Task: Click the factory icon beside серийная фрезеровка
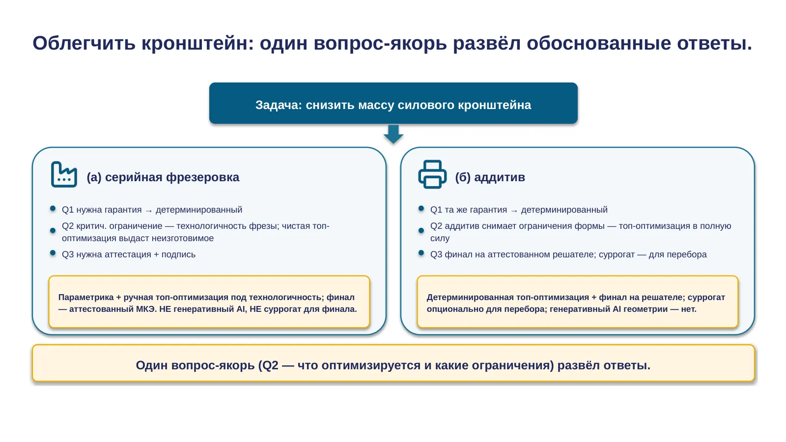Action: [x=64, y=174]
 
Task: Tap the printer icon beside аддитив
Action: [x=432, y=174]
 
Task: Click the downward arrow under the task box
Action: [x=393, y=134]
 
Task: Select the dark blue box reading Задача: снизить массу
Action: [x=393, y=103]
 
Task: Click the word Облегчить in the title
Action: [x=84, y=43]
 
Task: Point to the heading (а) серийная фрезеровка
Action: [x=163, y=177]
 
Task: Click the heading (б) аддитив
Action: [x=490, y=177]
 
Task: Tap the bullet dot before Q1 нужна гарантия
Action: [x=53, y=209]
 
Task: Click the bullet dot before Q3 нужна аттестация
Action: [x=53, y=253]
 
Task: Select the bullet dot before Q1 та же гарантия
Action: [x=421, y=209]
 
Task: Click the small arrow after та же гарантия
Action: [x=514, y=211]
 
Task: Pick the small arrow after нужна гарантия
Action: [x=149, y=211]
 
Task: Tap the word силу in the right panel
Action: [x=440, y=239]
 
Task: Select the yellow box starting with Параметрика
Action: [x=209, y=302]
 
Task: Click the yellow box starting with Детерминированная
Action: [x=578, y=302]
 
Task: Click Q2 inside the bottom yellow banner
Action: [x=270, y=365]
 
